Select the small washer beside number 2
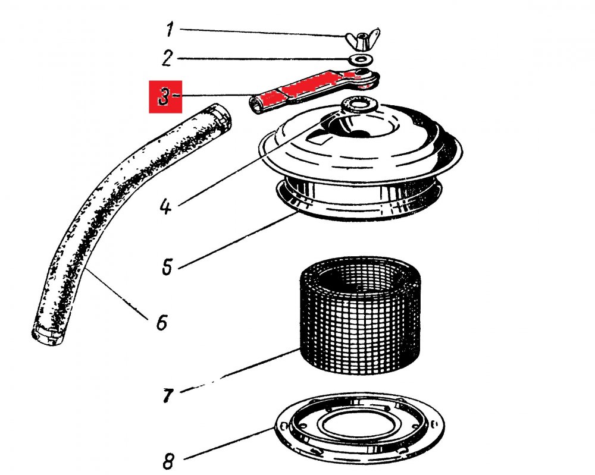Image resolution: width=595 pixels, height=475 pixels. click(x=360, y=59)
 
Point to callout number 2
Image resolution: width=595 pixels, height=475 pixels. click(x=167, y=58)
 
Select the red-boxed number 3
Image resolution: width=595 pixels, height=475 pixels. click(x=163, y=97)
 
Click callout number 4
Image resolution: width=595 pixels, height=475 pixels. click(x=166, y=207)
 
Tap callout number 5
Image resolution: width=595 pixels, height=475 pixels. click(x=167, y=265)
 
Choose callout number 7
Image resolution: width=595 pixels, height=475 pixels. click(x=167, y=394)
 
